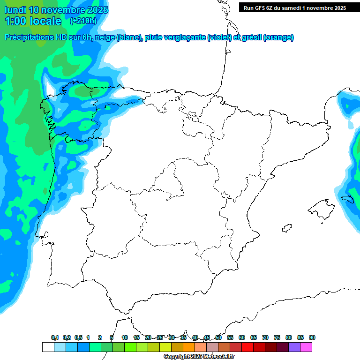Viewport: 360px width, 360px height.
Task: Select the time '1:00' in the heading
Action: coord(14,21)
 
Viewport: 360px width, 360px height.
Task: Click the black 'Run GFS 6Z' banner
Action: coord(294,8)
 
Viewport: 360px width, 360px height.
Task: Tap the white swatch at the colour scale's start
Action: coord(47,347)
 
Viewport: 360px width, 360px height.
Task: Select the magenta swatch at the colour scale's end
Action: coord(306,347)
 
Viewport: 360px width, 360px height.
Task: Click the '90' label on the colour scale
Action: coord(312,337)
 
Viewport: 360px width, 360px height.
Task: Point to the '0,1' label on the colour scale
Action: coord(55,337)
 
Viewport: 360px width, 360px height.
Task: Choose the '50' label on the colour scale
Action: coord(218,337)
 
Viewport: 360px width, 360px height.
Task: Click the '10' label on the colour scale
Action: coord(125,337)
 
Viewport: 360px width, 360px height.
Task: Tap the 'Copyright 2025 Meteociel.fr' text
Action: coord(199,357)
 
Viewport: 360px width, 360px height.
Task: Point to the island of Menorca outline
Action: coord(347,198)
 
